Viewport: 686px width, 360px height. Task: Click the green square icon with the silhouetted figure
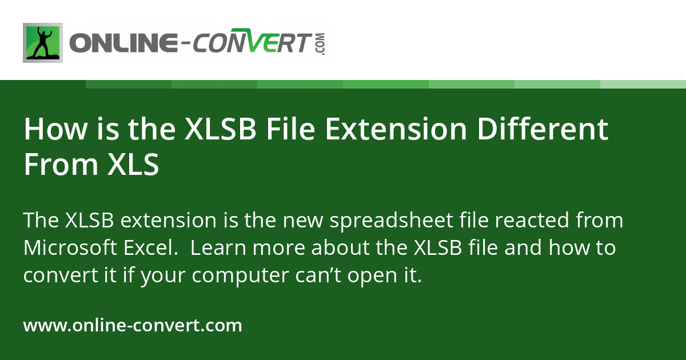[x=43, y=43]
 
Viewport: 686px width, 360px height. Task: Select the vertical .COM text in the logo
[x=321, y=44]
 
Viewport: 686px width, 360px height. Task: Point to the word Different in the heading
[x=543, y=129]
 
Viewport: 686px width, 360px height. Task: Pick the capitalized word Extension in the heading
[x=396, y=129]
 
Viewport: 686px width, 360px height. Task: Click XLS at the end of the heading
[x=133, y=165]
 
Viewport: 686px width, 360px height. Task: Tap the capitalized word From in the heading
[x=61, y=165]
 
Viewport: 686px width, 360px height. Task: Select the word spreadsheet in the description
[x=392, y=221]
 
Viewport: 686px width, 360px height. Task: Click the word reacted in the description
[x=532, y=221]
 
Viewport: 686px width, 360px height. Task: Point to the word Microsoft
[x=70, y=247]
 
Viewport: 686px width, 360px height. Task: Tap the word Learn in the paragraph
[x=218, y=247]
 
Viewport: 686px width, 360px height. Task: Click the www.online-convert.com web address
[x=133, y=325]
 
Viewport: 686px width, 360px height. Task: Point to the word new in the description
[x=303, y=221]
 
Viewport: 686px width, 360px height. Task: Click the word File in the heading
[x=290, y=129]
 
